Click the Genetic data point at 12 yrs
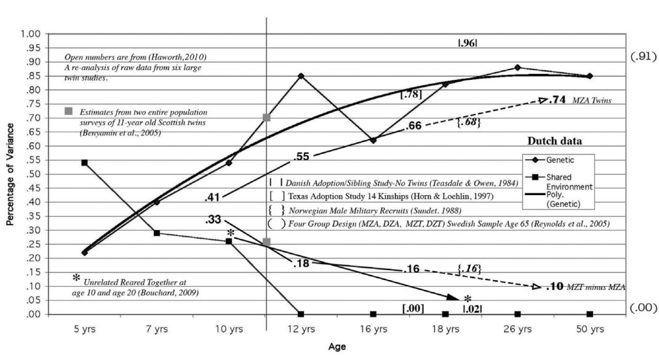click(x=301, y=76)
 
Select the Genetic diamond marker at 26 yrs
click(x=517, y=68)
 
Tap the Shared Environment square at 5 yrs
click(x=84, y=162)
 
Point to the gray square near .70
click(x=266, y=117)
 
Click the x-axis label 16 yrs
click(x=373, y=329)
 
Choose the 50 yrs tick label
click(x=589, y=329)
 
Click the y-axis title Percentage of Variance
click(x=10, y=174)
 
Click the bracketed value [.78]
click(x=410, y=94)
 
